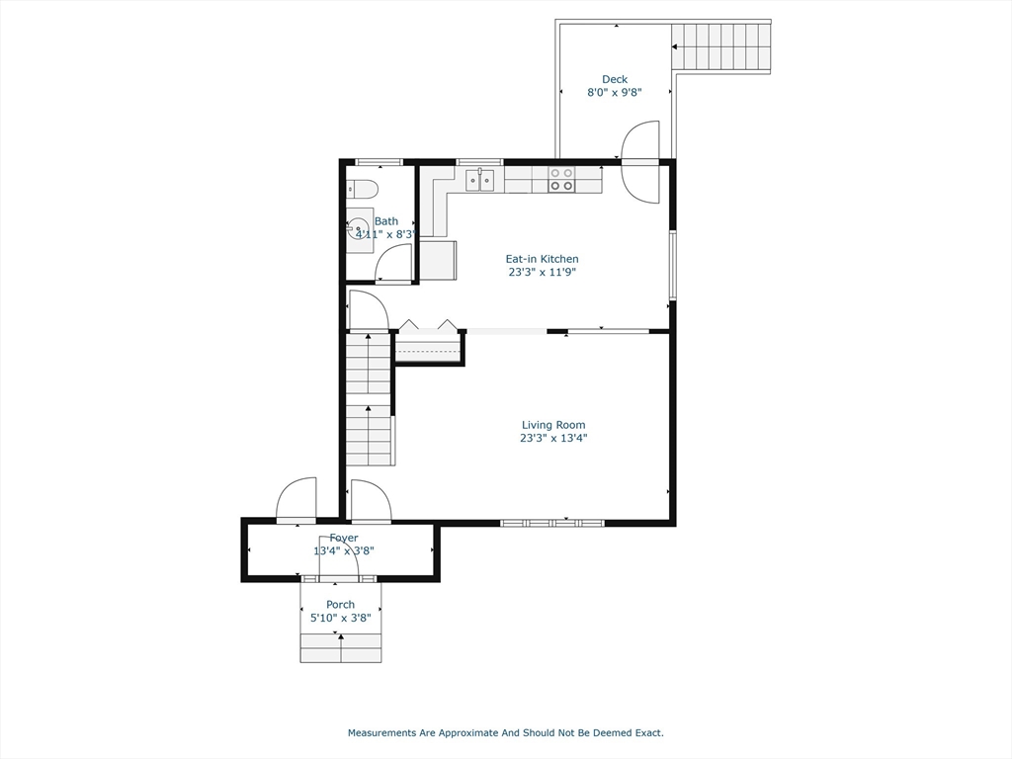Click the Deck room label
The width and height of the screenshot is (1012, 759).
click(x=615, y=80)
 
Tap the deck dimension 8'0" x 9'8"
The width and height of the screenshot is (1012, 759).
click(x=615, y=93)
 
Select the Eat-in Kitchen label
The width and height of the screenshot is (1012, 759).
click(x=542, y=259)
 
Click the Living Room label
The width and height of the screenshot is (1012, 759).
click(x=553, y=425)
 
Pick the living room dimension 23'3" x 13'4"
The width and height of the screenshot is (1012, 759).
click(x=553, y=438)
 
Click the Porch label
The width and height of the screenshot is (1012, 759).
click(x=340, y=605)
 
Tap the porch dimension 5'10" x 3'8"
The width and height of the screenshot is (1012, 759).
click(x=340, y=618)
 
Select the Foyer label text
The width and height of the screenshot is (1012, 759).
click(x=344, y=538)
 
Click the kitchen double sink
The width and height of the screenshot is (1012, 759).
click(x=480, y=180)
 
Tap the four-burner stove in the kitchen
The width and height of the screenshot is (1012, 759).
click(x=561, y=179)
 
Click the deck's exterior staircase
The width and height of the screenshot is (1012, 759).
click(x=721, y=46)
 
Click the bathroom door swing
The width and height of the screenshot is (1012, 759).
click(x=393, y=264)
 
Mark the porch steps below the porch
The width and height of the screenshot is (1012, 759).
click(x=341, y=648)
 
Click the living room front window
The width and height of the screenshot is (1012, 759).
click(x=552, y=522)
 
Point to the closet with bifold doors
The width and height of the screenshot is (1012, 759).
click(x=429, y=347)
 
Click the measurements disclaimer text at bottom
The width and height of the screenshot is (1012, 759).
click(x=505, y=733)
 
